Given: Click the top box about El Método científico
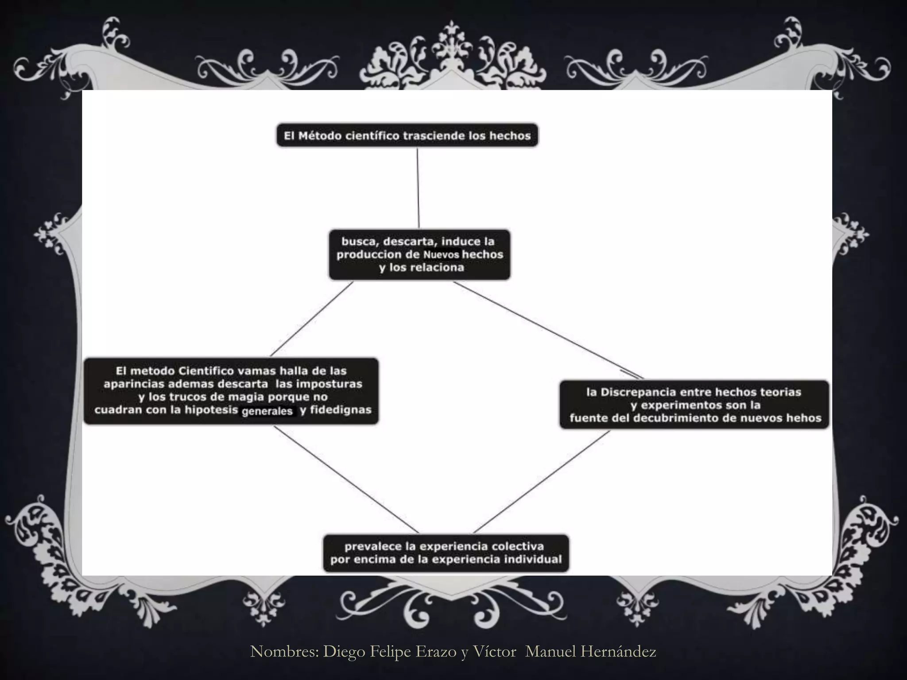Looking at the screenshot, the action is [x=407, y=135].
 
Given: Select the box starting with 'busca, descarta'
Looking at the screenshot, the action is [x=419, y=255].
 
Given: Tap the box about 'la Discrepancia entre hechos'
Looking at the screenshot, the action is [x=694, y=405].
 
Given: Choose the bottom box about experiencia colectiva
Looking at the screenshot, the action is [x=446, y=553].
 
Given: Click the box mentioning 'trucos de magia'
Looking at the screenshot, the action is [x=231, y=391].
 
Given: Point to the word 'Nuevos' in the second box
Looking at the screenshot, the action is [x=441, y=255].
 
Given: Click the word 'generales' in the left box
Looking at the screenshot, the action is [x=267, y=411].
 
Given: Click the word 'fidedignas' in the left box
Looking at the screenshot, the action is [x=341, y=410].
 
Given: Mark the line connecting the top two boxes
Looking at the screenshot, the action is [x=418, y=188].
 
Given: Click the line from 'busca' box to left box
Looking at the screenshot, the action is [x=312, y=319].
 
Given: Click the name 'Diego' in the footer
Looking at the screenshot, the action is [x=344, y=651].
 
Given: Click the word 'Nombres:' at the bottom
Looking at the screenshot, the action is [x=284, y=651].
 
